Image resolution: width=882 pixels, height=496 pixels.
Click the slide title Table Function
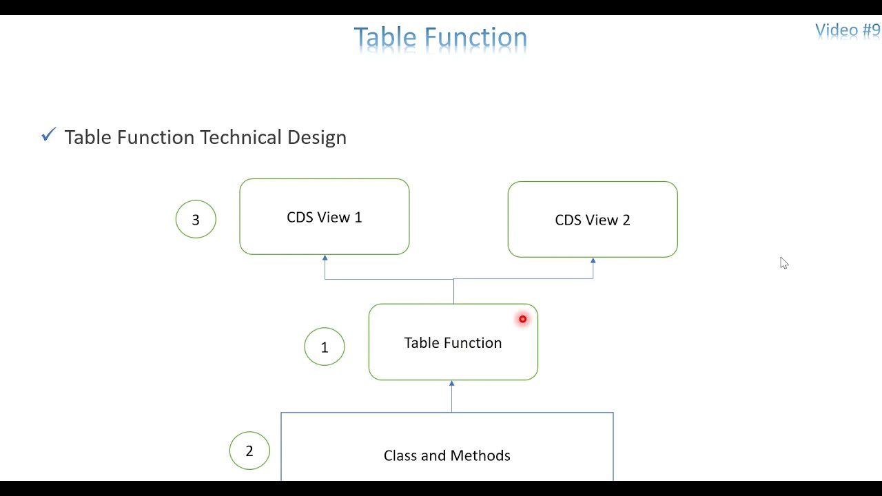[x=440, y=37]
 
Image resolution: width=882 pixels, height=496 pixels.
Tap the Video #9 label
[x=848, y=30]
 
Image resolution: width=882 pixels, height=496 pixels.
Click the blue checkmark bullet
[x=49, y=134]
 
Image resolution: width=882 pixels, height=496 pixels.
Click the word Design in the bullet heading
[x=317, y=137]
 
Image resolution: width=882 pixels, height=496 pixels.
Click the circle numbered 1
[x=325, y=329]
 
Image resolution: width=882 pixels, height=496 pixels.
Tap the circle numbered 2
[x=249, y=432]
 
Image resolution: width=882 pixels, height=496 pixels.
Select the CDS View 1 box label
[x=325, y=217]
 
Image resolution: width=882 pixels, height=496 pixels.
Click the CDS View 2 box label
[x=593, y=220]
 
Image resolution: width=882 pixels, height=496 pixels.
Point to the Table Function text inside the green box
[x=453, y=343]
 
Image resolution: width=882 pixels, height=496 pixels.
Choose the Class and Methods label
[x=447, y=455]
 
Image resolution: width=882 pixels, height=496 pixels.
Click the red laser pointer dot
[x=522, y=319]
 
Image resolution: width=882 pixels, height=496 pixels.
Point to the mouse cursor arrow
[x=784, y=263]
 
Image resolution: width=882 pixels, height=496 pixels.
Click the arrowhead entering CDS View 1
[x=325, y=258]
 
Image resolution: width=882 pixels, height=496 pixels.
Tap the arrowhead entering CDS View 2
[x=593, y=260]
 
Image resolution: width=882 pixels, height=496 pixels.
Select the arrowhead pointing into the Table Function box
[x=451, y=384]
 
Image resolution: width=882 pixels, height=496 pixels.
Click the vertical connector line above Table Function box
[x=453, y=291]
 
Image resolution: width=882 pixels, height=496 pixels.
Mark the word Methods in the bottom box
[x=480, y=455]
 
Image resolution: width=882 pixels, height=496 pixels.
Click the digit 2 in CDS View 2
[x=626, y=220]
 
